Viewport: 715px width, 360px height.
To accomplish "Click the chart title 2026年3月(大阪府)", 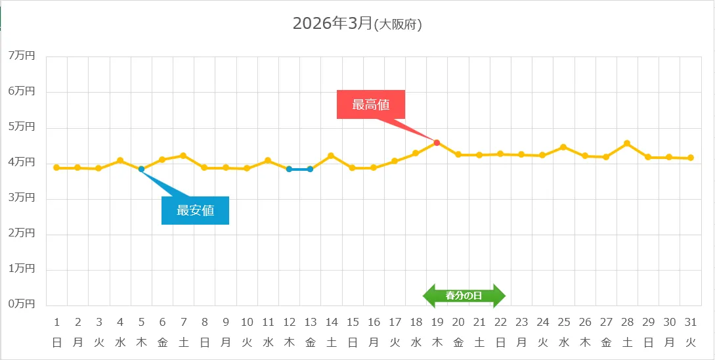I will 357,24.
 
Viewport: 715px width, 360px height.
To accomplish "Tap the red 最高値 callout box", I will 371,104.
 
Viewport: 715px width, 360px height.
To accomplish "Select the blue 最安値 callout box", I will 195,211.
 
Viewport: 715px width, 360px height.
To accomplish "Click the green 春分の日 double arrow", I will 464,296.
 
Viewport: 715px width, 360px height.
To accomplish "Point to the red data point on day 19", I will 437,142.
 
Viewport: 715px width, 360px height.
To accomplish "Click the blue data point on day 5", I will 141,169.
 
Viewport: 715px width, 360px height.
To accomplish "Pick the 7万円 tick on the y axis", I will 22,56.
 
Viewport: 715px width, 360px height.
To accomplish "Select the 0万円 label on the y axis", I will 22,304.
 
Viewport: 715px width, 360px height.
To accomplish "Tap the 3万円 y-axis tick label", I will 22,198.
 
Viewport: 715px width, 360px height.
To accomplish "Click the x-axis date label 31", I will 690,322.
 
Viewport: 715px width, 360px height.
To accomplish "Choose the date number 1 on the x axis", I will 56,322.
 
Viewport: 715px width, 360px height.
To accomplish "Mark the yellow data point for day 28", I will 627,143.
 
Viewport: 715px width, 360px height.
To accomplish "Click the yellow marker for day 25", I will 563,147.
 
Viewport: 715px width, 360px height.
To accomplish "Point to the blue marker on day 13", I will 310,169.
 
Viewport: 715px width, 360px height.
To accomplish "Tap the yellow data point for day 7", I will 183,156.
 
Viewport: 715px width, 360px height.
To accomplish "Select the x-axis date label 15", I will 353,322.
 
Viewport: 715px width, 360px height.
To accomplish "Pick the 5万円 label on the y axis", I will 22,127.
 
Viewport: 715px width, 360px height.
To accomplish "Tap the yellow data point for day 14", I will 331,156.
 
